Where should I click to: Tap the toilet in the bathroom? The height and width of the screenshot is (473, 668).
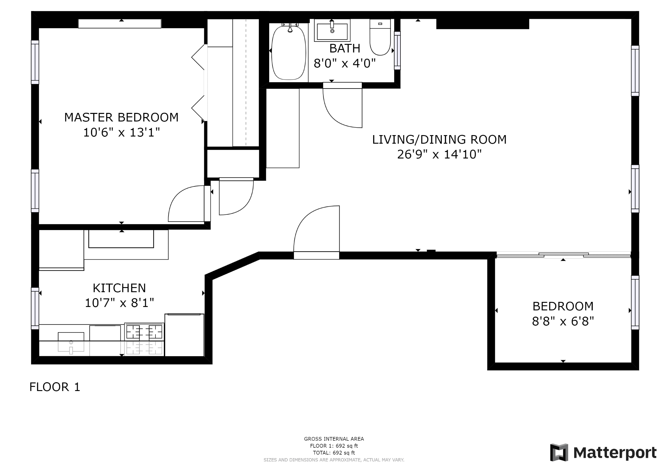coord(380,37)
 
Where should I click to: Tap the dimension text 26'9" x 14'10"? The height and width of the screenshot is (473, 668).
coord(439,154)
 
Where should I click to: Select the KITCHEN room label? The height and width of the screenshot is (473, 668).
coord(119,288)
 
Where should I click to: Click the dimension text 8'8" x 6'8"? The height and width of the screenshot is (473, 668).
coord(563,322)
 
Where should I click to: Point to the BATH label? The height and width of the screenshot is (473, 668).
coord(345,48)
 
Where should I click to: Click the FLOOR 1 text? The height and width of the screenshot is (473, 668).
coord(55,387)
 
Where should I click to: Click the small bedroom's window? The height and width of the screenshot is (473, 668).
coord(635,303)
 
